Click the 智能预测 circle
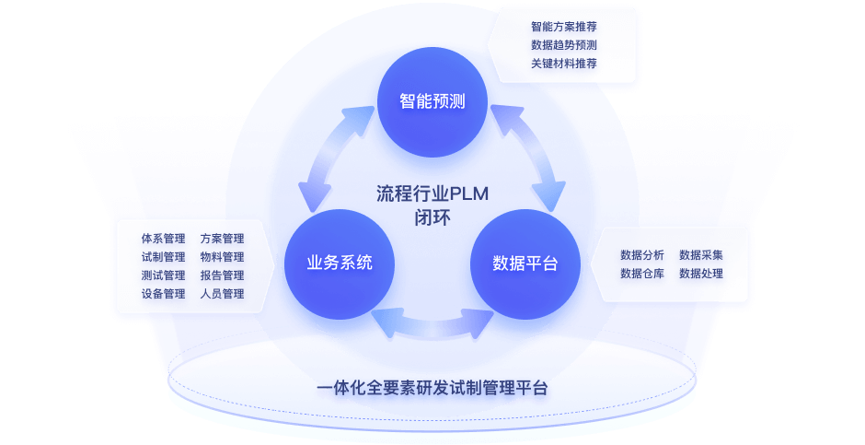coord(432,101)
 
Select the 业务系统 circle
coord(340,263)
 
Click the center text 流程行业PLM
coord(432,194)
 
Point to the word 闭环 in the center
coord(432,218)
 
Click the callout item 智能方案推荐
coord(564,27)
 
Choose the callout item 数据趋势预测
coord(564,45)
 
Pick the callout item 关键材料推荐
coord(564,64)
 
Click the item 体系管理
coord(163,239)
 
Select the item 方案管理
coord(222,239)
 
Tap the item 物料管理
coord(222,257)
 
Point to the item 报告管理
coord(222,275)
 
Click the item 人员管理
coord(222,294)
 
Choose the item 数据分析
coord(642,255)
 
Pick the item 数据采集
coord(701,255)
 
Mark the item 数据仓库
coord(642,274)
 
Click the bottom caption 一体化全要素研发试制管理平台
coord(432,388)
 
